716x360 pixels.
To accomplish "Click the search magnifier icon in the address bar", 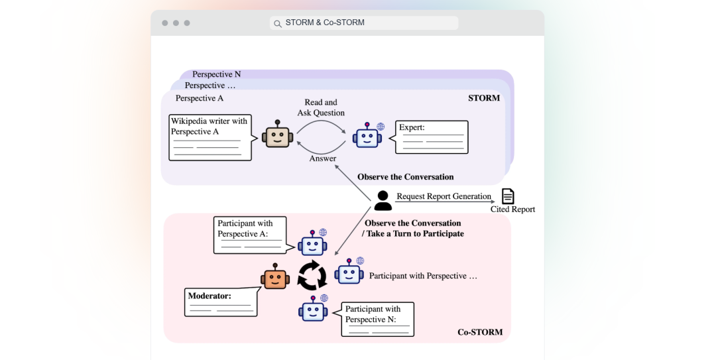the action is (278, 23).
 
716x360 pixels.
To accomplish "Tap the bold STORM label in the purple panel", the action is (483, 97).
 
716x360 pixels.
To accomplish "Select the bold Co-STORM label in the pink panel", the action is (480, 332).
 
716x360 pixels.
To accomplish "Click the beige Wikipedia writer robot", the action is (277, 135).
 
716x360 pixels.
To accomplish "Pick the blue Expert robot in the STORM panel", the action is (367, 136).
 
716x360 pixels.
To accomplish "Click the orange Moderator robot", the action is (275, 276).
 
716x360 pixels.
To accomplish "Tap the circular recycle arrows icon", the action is (312, 276).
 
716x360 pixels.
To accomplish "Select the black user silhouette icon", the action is (383, 201).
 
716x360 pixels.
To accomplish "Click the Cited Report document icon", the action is (508, 196).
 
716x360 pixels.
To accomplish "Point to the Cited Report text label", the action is (512, 210).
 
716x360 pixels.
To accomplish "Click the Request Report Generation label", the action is (444, 196).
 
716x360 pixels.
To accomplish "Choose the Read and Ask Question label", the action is (321, 107).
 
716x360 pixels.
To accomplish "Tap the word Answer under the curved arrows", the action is (323, 158).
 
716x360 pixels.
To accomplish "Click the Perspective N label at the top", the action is (216, 74).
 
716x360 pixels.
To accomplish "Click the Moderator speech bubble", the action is (221, 301).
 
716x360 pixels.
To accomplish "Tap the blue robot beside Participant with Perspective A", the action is (312, 243).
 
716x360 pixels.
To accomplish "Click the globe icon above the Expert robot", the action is (381, 127).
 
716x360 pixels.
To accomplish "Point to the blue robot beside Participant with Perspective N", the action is (313, 308).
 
